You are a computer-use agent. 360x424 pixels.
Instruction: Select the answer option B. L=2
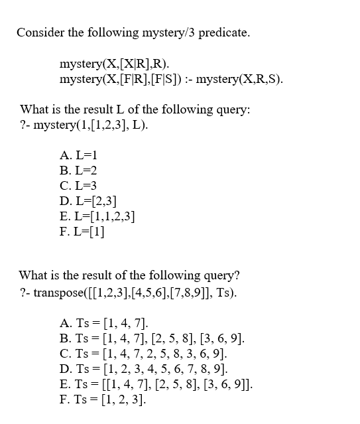[79, 171]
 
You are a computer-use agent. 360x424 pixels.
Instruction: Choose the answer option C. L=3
[79, 186]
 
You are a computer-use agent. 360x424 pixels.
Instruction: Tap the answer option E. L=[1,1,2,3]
[97, 216]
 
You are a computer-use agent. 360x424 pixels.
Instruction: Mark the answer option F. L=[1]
[82, 232]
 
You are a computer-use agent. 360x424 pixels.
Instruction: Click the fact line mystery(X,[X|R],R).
[114, 64]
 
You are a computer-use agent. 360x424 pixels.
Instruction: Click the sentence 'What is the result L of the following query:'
[135, 109]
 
